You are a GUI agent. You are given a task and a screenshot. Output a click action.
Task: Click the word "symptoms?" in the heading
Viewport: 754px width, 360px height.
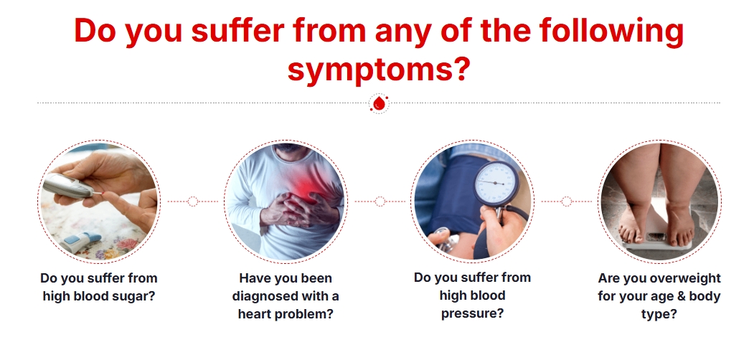377,70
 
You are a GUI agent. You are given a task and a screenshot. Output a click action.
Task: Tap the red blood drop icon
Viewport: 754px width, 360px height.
379,103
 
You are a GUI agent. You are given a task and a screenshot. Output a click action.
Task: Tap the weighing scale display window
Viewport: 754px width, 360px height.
656,237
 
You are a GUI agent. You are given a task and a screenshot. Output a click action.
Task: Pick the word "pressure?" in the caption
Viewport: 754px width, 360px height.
472,313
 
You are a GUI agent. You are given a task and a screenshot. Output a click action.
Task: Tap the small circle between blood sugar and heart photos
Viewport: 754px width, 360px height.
193,202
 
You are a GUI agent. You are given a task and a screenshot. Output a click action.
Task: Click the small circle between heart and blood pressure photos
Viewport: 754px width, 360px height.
380,202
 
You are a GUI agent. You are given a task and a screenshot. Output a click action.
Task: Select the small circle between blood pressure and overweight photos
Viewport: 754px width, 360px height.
567,202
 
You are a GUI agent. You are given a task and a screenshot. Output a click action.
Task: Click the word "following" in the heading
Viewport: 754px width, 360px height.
611,32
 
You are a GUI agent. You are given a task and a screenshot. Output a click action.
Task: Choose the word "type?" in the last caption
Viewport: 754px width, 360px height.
659,314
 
